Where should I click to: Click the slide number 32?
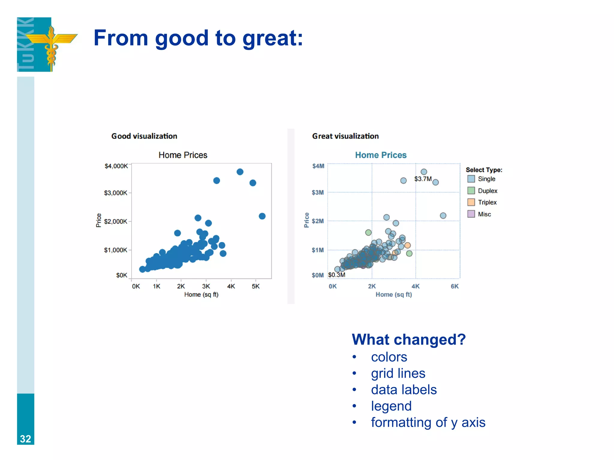[x=25, y=439]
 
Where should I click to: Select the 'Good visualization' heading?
[x=144, y=136]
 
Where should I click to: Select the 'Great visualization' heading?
[x=345, y=136]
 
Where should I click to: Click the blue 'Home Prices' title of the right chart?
[x=380, y=155]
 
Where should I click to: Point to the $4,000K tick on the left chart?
[x=116, y=166]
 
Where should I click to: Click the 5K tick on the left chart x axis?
[x=255, y=286]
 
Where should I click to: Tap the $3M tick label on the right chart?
[x=318, y=193]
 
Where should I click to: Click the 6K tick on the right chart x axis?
[x=455, y=286]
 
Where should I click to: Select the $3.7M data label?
[x=423, y=179]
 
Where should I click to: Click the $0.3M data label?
[x=337, y=275]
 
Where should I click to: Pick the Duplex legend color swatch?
[x=471, y=191]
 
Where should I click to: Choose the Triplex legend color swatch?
[x=471, y=202]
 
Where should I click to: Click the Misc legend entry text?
[x=484, y=214]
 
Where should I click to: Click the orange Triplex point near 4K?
[x=407, y=246]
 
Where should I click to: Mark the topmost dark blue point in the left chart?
[x=240, y=172]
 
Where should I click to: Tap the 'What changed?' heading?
[x=409, y=340]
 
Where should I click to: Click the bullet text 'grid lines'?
[x=398, y=373]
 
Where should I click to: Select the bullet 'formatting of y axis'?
[x=428, y=423]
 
